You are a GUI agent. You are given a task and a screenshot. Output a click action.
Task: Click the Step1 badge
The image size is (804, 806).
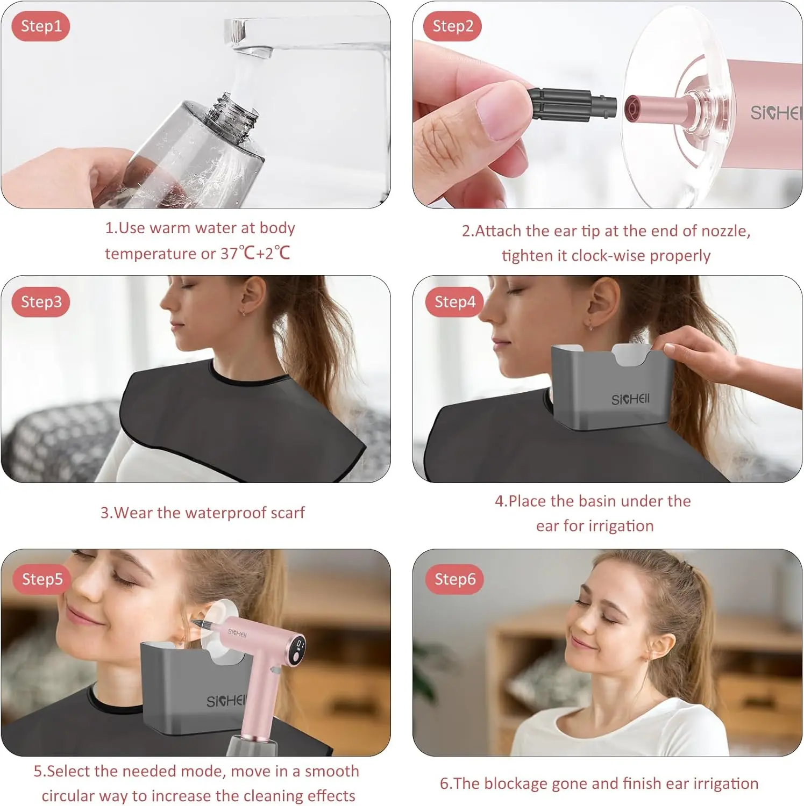41,26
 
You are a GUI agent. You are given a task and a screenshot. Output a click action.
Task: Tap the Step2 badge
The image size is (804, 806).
453,26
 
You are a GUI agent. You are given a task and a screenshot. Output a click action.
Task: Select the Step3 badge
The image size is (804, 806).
41,302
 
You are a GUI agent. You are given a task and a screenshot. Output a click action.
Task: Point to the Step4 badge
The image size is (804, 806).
455,302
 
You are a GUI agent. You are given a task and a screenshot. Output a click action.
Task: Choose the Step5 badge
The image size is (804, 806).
42,579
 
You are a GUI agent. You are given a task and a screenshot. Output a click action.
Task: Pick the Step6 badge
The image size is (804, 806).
455,579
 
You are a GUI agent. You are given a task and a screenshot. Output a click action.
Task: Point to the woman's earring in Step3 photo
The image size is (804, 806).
244,312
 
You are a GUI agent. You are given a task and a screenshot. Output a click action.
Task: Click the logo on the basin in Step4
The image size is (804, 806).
630,399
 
